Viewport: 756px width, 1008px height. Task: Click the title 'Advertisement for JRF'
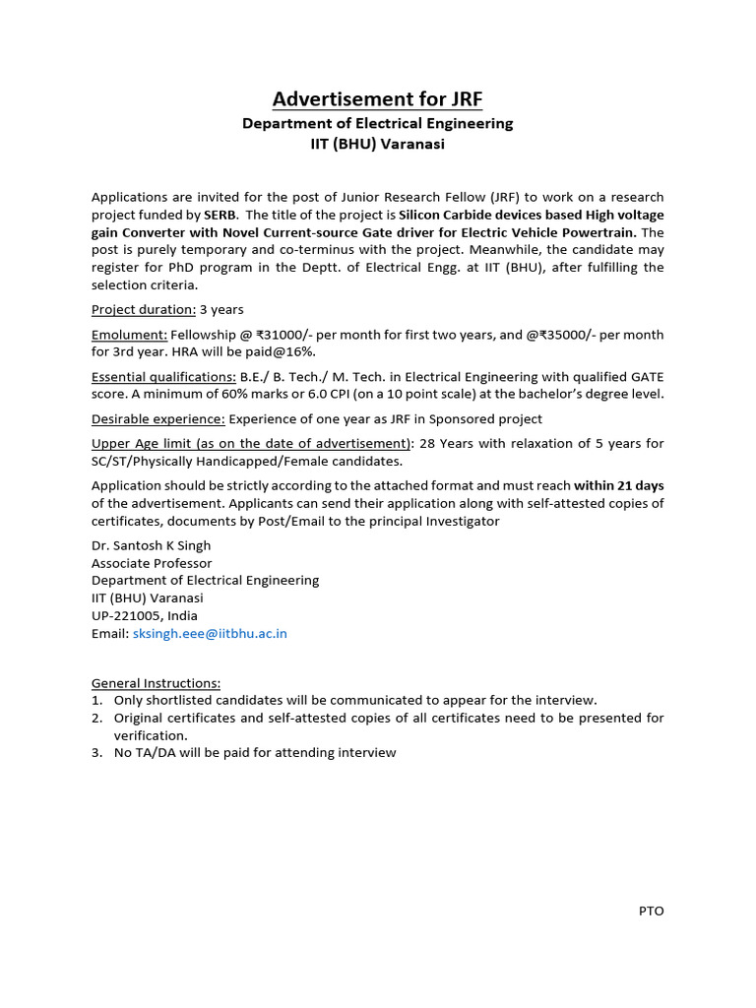[378, 98]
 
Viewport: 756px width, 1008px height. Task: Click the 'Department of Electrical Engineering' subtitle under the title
[378, 124]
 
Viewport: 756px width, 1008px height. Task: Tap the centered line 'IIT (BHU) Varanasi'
[378, 144]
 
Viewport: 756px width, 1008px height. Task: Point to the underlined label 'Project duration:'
[144, 309]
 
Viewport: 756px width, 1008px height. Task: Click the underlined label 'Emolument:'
[130, 335]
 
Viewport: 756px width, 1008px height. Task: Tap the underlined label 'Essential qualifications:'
[163, 377]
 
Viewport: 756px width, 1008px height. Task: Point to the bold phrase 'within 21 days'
[619, 485]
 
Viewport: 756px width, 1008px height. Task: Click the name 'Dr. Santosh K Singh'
[151, 545]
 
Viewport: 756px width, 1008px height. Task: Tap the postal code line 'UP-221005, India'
[144, 615]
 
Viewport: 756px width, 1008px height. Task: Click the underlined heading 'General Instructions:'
[157, 683]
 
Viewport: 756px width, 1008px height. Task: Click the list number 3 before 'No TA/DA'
[97, 752]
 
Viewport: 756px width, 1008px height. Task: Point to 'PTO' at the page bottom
[651, 911]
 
